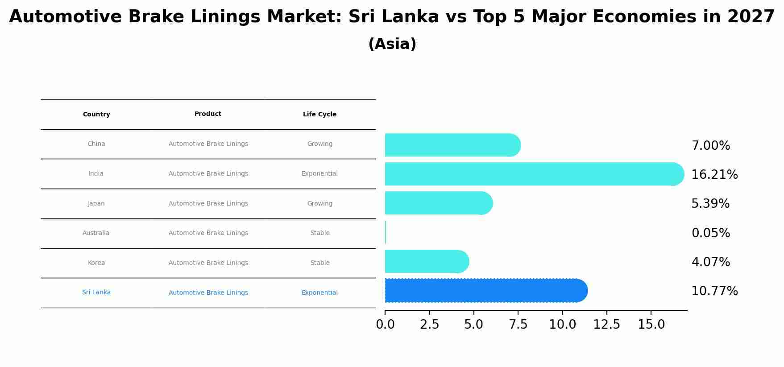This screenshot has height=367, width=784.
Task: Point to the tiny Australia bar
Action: [x=386, y=232]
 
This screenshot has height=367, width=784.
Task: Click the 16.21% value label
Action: [x=714, y=175]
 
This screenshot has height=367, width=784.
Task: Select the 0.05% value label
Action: [x=710, y=233]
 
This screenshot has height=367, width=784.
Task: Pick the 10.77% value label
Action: [x=714, y=291]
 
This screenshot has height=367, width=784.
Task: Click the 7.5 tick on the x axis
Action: [x=518, y=325]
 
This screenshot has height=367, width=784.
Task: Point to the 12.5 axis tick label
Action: [x=606, y=325]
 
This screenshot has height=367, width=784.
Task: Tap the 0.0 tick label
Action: [x=385, y=325]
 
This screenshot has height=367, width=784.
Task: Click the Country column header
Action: [x=96, y=115]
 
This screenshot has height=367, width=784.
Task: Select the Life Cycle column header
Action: [x=319, y=115]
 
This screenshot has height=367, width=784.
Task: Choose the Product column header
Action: [x=208, y=114]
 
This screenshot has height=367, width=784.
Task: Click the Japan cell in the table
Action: [x=96, y=203]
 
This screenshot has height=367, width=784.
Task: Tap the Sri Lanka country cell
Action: [x=96, y=293]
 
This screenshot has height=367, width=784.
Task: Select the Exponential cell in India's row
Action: [x=319, y=174]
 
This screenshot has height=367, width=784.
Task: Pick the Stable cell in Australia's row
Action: [x=320, y=233]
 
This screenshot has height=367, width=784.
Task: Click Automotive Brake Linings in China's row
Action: [x=208, y=144]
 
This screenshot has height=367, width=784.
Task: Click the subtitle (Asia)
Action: [x=392, y=44]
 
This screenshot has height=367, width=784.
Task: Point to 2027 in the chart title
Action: [x=751, y=17]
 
